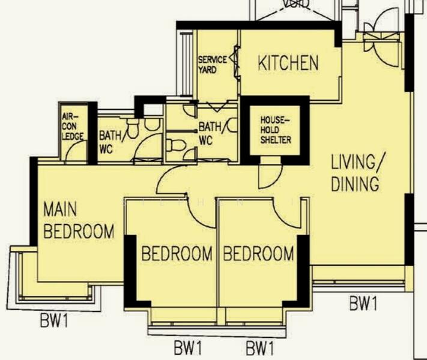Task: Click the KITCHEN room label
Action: coord(288,63)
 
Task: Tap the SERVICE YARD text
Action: coord(212,65)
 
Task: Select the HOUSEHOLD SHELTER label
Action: coord(275,130)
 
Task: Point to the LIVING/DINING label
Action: coord(356,173)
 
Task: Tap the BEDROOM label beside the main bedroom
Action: coord(177,253)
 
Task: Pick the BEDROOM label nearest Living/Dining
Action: coord(258,253)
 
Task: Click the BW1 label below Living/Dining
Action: coord(363,304)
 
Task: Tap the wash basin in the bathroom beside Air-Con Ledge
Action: coord(153,124)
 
